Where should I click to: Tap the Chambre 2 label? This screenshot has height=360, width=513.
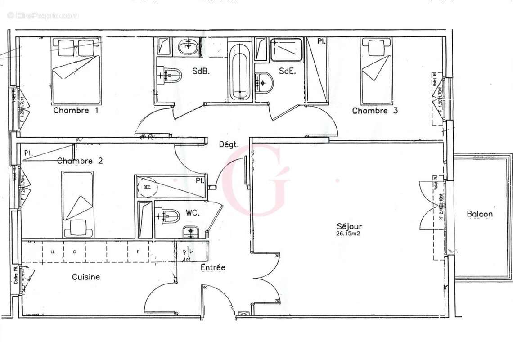80,161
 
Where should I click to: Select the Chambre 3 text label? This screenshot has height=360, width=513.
374,111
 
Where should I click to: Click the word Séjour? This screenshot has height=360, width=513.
349,226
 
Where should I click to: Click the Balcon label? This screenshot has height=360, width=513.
479,214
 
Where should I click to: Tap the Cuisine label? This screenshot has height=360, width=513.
86,277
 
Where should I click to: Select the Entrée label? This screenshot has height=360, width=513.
213,267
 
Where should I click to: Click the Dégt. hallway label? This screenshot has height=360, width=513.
228,144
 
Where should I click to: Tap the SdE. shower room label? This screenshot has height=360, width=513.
287,71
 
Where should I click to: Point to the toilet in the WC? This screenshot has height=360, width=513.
167,216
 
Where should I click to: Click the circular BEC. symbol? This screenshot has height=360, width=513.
147,187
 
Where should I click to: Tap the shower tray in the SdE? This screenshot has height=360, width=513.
286,49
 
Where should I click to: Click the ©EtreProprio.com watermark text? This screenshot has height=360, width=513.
43,15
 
